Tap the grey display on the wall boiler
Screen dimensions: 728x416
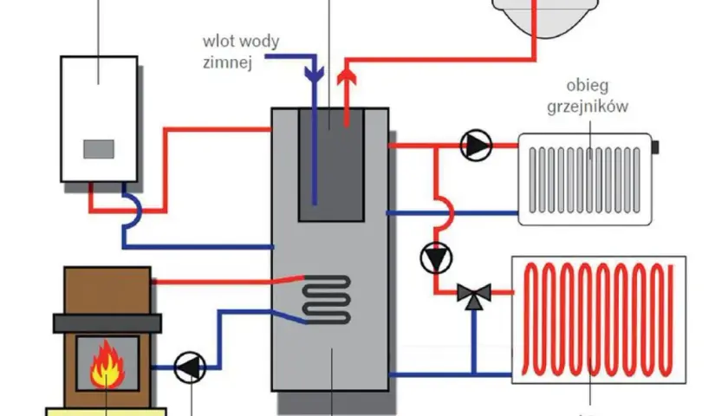pyautogui.click(x=99, y=149)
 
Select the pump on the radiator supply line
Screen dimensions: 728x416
pyautogui.click(x=476, y=146)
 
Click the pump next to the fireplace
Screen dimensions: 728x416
pyautogui.click(x=190, y=367)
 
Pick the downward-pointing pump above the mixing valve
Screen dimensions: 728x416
pyautogui.click(x=436, y=258)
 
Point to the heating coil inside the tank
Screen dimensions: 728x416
pyautogui.click(x=327, y=300)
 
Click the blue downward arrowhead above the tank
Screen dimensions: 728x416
pyautogui.click(x=315, y=75)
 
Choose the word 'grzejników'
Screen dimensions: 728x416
pyautogui.click(x=588, y=107)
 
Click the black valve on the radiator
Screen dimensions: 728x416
pyautogui.click(x=655, y=147)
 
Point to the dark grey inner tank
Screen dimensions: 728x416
pyautogui.click(x=331, y=165)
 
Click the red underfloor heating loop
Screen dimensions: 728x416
pyautogui.click(x=598, y=320)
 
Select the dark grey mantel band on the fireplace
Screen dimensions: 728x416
pyautogui.click(x=107, y=323)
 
